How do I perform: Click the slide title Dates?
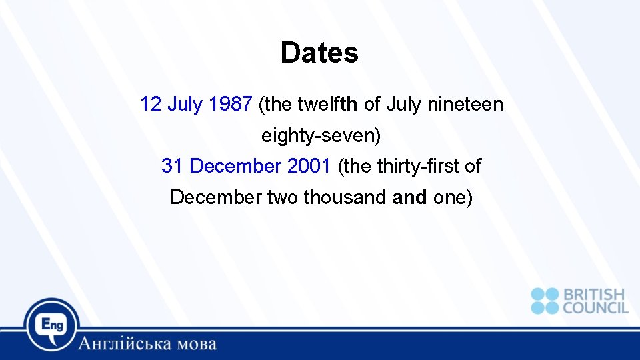pyautogui.click(x=319, y=53)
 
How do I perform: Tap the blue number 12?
pyautogui.click(x=151, y=104)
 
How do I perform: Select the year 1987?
pyautogui.click(x=230, y=104)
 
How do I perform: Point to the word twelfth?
pyautogui.click(x=327, y=104)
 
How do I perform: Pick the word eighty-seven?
pyautogui.click(x=321, y=136)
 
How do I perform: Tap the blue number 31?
pyautogui.click(x=172, y=166)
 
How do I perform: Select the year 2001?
pyautogui.click(x=309, y=166)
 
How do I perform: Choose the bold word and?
pyautogui.click(x=410, y=197)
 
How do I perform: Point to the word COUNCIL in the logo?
pyautogui.click(x=595, y=307)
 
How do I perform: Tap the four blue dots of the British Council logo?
pyautogui.click(x=545, y=301)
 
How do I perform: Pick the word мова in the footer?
pyautogui.click(x=194, y=344)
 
